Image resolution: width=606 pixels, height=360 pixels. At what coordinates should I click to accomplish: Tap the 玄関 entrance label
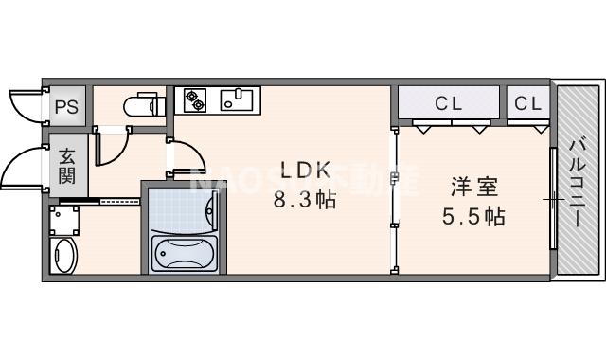[x=67, y=166]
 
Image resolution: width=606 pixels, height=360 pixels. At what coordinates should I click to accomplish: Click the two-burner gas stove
[x=196, y=98]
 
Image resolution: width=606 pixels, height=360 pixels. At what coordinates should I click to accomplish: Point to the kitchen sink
[x=237, y=98]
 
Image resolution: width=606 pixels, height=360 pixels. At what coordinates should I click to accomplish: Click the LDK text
[x=305, y=171]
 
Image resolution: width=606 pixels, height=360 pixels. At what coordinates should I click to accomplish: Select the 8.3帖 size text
[x=305, y=201]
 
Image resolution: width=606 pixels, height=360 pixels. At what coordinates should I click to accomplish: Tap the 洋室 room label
[x=473, y=186]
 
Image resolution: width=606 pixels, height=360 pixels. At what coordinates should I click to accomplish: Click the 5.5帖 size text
[x=473, y=216]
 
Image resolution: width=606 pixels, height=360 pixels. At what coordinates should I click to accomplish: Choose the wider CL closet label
[x=448, y=102]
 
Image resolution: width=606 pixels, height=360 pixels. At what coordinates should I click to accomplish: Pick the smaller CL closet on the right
[x=528, y=102]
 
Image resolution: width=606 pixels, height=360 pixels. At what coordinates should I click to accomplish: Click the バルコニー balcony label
[x=578, y=180]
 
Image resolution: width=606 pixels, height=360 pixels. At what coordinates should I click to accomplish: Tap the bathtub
[x=185, y=254]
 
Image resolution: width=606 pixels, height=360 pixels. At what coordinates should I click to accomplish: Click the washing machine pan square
[x=64, y=221]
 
